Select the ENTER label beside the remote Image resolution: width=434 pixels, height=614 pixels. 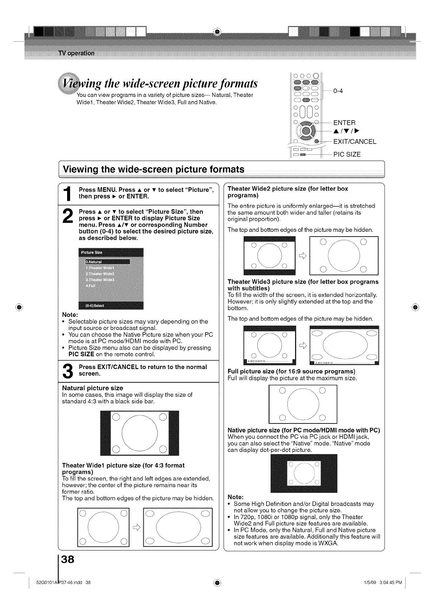click(344, 123)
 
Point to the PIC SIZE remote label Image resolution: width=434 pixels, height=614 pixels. click(347, 154)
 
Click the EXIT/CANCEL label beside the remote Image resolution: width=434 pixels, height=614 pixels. click(354, 142)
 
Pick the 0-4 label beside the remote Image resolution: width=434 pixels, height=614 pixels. click(338, 91)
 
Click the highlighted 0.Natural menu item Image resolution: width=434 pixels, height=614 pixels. click(107, 261)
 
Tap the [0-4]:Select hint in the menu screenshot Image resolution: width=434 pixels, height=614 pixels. click(95, 306)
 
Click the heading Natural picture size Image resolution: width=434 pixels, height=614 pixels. click(93, 388)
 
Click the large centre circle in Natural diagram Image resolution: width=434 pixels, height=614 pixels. click(139, 433)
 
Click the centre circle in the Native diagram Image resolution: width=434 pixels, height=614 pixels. click(303, 473)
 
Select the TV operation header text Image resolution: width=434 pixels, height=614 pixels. click(76, 53)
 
